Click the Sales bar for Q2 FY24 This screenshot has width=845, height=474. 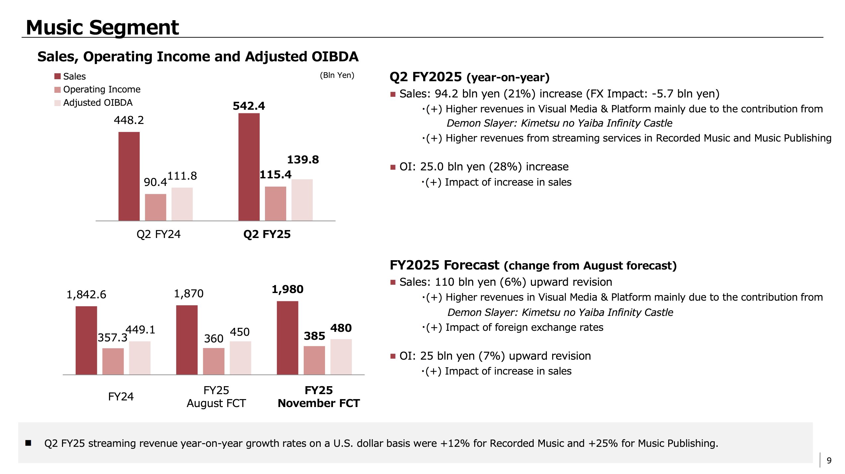tap(129, 176)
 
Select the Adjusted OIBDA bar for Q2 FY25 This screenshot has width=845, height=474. tap(302, 200)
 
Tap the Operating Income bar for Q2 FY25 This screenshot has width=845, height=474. tap(275, 204)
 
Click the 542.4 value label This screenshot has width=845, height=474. tap(249, 106)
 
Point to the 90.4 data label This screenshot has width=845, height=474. tap(155, 182)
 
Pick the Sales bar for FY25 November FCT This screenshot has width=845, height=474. tap(288, 338)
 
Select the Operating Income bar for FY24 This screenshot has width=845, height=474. tap(113, 361)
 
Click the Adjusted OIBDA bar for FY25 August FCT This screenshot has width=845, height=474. tap(240, 358)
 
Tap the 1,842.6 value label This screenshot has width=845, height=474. tap(86, 295)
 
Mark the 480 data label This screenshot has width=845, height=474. tap(341, 328)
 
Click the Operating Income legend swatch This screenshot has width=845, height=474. tap(57, 90)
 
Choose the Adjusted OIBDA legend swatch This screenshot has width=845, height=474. tap(57, 103)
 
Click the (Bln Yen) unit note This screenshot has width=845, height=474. tap(337, 75)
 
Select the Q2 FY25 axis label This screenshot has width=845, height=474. tap(267, 234)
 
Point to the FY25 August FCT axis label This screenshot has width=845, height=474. tap(216, 397)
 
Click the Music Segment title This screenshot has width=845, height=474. tap(102, 27)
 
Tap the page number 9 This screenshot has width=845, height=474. tap(829, 460)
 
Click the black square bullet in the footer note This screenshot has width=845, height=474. tap(29, 443)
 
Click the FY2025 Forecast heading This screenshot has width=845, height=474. tap(444, 265)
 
